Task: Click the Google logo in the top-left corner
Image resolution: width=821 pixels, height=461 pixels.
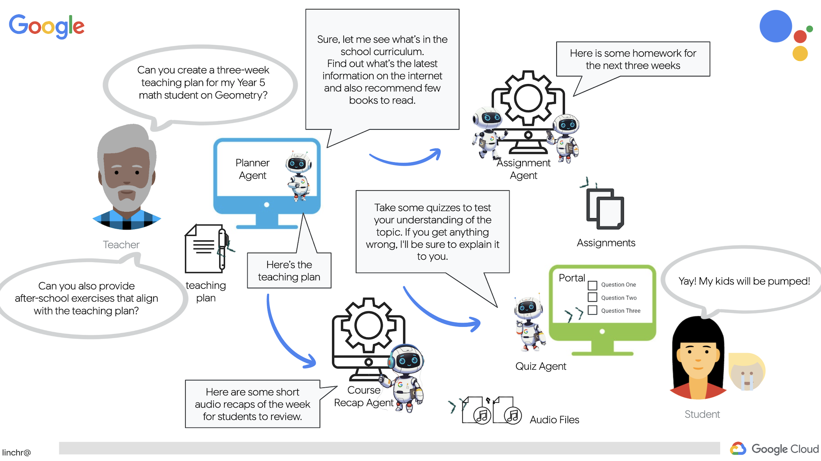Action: coord(47,26)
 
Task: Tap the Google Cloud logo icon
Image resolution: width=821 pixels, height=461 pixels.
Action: coord(738,449)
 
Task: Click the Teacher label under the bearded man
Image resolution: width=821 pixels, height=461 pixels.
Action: coord(121,245)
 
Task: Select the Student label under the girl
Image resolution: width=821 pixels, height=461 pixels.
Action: coord(702,414)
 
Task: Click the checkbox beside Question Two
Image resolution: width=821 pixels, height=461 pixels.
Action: coord(592,297)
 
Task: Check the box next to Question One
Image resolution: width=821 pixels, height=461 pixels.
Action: coord(592,285)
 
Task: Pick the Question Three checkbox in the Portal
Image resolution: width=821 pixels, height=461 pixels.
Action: coord(592,310)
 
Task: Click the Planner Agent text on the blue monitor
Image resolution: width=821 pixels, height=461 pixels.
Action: coord(252,169)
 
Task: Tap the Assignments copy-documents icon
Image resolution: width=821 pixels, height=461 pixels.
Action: coord(605,209)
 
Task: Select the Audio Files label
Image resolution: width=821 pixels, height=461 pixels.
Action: coord(554,420)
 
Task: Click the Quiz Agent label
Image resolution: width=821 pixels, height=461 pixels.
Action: coord(541,366)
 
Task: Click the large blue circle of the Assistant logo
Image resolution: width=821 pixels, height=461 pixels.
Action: coord(775,26)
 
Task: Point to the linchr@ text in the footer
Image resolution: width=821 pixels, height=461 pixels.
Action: coord(16,452)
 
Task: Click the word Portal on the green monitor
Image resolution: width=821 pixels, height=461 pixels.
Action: coord(571,278)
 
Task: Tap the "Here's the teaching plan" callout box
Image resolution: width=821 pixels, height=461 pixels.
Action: coord(289,271)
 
